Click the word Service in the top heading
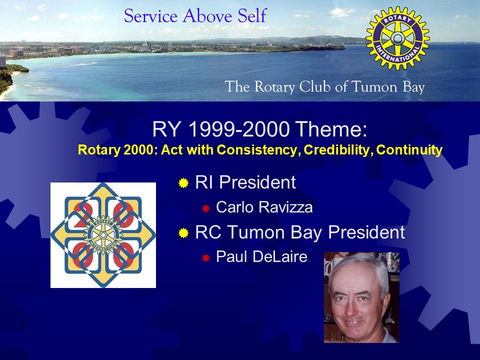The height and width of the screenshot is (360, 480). tap(150, 16)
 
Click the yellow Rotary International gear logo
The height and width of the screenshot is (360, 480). tap(397, 38)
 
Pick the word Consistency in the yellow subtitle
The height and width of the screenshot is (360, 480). tap(258, 150)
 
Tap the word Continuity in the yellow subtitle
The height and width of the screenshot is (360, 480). tap(409, 149)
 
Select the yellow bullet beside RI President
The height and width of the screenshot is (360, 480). tap(183, 183)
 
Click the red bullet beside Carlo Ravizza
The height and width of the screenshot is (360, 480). tap(205, 208)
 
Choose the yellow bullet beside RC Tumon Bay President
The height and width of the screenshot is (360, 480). tap(183, 233)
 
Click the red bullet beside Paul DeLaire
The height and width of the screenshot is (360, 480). tap(205, 258)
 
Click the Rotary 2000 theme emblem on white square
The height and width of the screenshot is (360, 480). tap(103, 235)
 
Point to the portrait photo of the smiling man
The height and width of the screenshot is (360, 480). tap(361, 297)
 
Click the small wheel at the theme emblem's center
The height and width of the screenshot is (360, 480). tap(103, 235)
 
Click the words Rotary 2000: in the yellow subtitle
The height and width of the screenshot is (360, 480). tap(118, 150)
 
